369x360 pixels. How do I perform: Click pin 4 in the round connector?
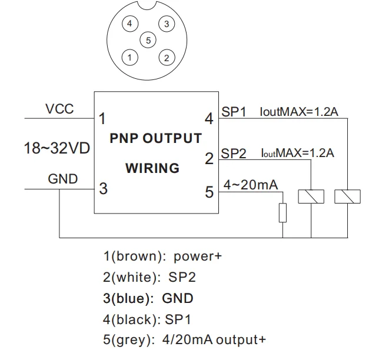130,24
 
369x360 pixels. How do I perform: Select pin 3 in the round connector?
167,24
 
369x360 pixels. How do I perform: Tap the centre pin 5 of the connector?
149,41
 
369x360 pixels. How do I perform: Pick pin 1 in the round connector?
130,57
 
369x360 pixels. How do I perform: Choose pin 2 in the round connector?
167,57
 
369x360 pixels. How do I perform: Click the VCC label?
59,109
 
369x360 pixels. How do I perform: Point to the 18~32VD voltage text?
56,148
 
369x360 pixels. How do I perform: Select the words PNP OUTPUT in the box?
156,139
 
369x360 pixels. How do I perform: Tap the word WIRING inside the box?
152,168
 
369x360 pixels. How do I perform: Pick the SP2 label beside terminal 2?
234,154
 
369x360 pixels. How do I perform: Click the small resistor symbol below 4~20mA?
282,212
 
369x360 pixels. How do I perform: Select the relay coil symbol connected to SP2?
311,196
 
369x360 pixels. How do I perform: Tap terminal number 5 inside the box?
209,191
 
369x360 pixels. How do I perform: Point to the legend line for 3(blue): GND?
148,298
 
